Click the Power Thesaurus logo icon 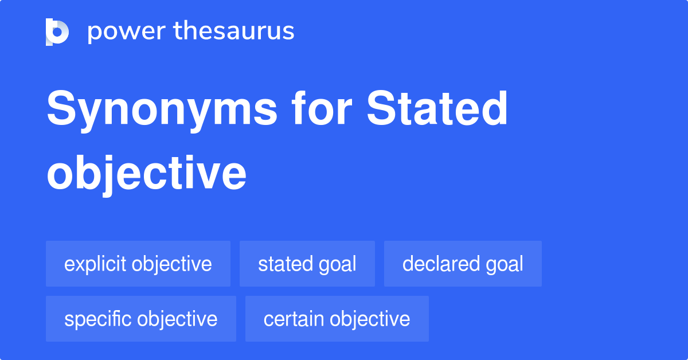click(x=57, y=32)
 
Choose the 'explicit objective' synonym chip click(x=138, y=264)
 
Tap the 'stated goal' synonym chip click(x=307, y=264)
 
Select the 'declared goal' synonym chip click(x=463, y=264)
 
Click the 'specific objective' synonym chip click(x=141, y=319)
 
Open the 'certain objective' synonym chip click(x=337, y=319)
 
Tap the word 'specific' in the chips click(x=98, y=319)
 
